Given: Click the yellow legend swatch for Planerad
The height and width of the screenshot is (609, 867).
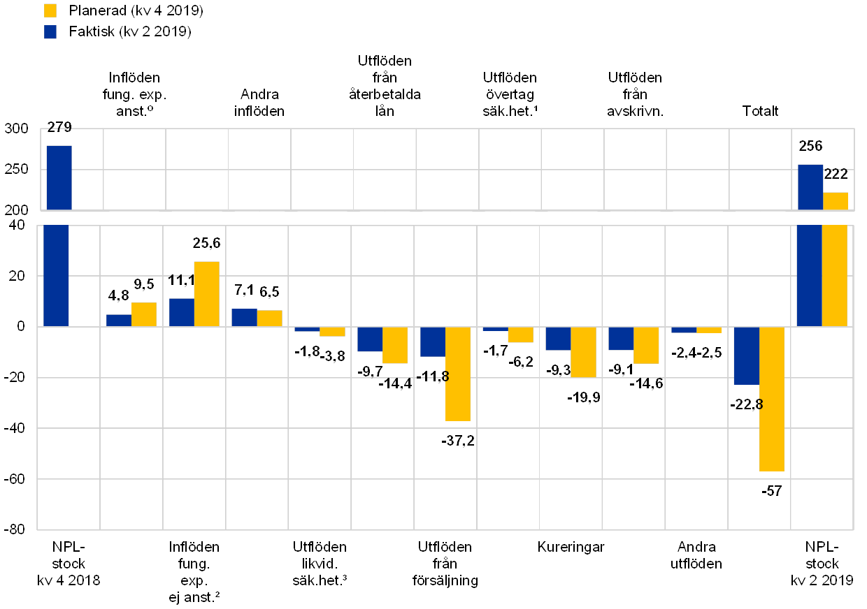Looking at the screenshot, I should [50, 10].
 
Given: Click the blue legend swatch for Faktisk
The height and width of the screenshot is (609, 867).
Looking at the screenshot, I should [50, 32].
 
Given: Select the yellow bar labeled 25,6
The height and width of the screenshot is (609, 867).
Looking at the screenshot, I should [206, 294].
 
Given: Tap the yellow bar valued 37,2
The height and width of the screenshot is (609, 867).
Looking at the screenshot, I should [457, 374].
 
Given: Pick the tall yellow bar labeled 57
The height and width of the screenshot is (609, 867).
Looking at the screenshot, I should [772, 399].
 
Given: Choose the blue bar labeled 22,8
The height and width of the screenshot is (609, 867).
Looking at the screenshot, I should [746, 355].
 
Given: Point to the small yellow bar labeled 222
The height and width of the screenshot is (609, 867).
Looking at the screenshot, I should [835, 200].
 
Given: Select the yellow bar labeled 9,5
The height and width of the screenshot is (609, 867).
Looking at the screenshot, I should [143, 314].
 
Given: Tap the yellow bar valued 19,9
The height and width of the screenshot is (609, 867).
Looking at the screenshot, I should [583, 352].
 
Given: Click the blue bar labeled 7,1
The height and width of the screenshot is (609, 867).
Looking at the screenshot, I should [244, 317].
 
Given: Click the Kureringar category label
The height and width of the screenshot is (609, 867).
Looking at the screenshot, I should [571, 547].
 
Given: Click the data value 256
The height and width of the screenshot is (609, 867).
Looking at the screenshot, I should [810, 146].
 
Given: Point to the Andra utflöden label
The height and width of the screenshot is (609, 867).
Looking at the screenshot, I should [696, 555].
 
